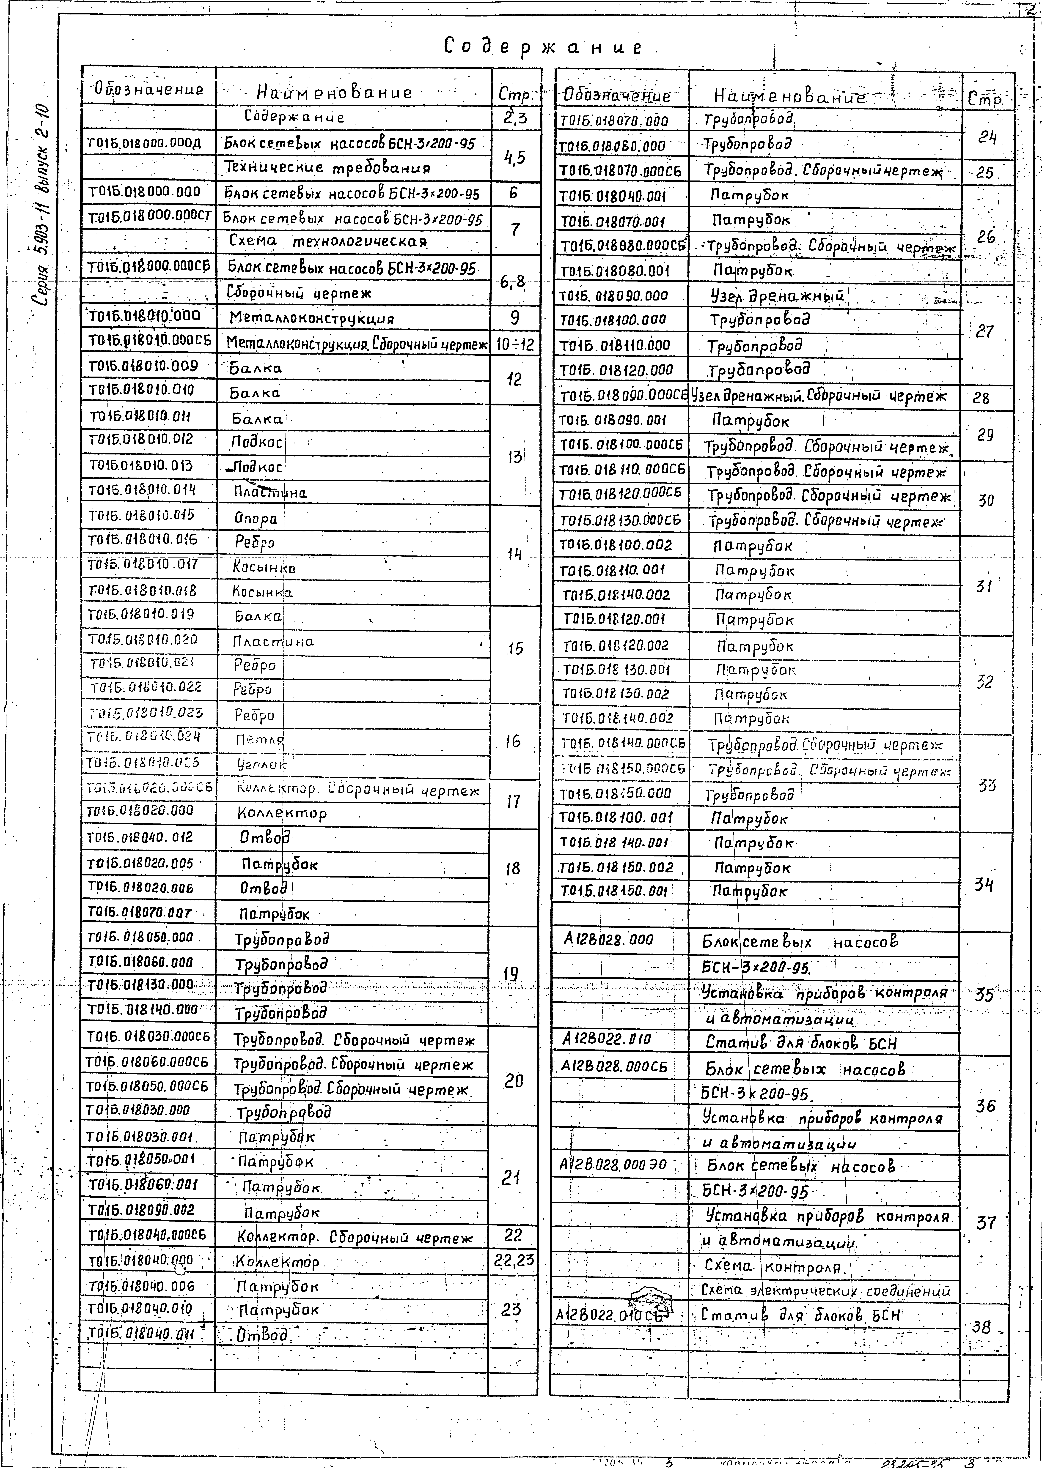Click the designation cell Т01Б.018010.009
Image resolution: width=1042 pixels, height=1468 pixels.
[144, 366]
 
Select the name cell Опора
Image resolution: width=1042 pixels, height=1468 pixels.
[255, 518]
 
